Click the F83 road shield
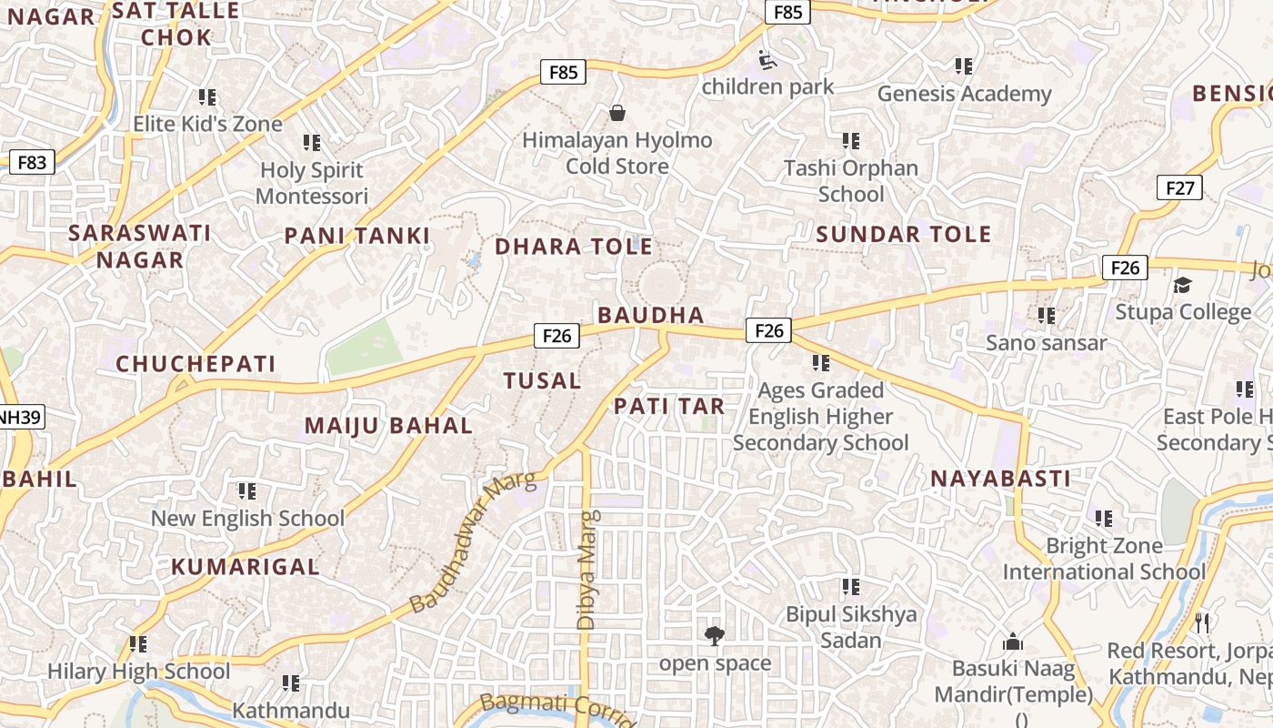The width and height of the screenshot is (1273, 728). point(31,163)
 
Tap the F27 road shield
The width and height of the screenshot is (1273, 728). point(1179,188)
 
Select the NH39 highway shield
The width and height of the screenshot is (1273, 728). point(20,418)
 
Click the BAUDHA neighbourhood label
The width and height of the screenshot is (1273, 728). point(651,315)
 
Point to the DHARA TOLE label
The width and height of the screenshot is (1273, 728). point(573,247)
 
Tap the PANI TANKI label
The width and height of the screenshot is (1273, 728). point(356,236)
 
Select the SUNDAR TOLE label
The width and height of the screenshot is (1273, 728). point(903,234)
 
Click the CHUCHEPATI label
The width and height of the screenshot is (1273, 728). point(195,364)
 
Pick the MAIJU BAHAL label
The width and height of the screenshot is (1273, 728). point(388,425)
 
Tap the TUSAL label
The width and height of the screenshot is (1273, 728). point(543,380)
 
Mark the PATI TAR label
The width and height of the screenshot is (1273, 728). point(669,406)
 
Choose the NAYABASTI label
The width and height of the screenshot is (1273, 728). point(1000,479)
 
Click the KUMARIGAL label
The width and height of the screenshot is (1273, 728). point(246,567)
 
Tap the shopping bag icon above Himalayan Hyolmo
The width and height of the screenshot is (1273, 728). point(617,113)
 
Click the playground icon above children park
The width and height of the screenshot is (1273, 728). point(768,60)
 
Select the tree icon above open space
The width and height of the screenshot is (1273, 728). point(715,635)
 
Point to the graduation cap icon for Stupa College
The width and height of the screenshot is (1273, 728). point(1182,286)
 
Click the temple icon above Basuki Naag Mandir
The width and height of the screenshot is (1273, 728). point(1013,642)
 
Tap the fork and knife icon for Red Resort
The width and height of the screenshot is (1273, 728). point(1202,623)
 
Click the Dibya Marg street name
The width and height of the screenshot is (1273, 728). point(587,570)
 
